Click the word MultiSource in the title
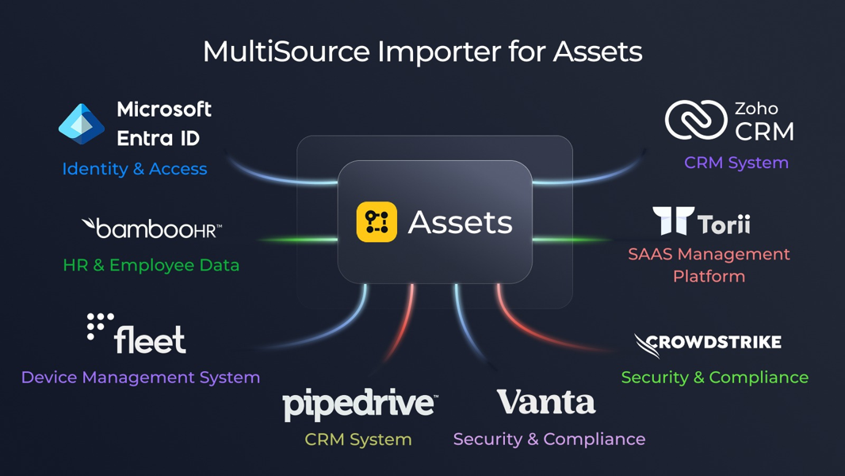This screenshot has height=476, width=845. coord(285,52)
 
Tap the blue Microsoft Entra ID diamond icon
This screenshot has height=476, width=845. coord(82,124)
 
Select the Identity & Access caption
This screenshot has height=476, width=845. coord(135,169)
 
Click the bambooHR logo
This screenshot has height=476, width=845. coord(151,229)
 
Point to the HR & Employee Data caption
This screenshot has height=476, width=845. coord(151,265)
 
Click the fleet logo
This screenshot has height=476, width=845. coord(136,334)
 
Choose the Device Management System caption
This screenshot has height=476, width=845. coord(140,378)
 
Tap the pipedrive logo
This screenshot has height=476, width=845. coord(359,405)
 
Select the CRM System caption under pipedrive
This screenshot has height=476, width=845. coord(358,440)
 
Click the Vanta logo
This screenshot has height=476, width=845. coord(546,402)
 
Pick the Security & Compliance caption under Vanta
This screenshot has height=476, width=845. coord(549,439)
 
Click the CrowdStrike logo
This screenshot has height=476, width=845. coord(708,344)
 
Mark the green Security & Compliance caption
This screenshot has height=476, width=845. coord(714,378)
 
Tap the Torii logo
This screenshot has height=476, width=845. coord(702,222)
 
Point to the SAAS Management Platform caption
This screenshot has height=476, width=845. coord(709,265)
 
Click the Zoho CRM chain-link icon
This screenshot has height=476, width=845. coord(695,121)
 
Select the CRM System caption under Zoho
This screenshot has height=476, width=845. coord(736,163)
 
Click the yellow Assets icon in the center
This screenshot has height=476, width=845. coord(377,222)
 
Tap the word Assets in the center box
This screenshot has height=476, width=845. coord(460,223)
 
